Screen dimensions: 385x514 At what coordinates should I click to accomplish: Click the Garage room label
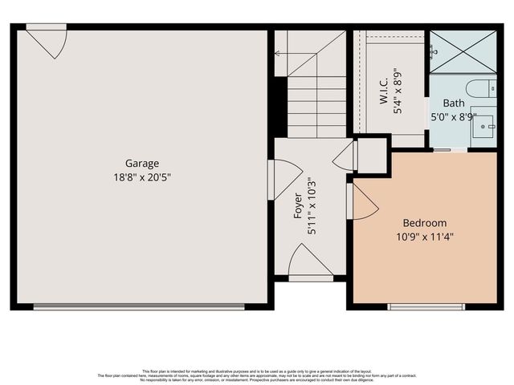[141, 163]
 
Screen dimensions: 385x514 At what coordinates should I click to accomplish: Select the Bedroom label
[424, 222]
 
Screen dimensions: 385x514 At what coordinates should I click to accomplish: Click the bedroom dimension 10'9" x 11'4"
[424, 236]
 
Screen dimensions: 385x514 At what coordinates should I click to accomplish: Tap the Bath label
[454, 103]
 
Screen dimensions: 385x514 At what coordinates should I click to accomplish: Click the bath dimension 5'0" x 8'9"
[454, 117]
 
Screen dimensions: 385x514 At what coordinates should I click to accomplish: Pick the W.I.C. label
[384, 90]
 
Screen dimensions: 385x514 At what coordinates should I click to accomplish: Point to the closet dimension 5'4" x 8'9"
[398, 90]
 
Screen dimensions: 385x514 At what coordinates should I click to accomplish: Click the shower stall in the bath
[462, 51]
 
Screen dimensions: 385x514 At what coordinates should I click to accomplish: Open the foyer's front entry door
[310, 262]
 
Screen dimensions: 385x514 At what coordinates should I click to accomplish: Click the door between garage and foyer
[284, 178]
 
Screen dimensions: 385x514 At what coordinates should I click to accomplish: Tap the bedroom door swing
[364, 201]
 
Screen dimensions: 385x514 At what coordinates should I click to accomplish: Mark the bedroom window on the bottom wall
[426, 306]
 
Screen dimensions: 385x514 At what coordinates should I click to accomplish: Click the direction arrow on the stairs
[278, 54]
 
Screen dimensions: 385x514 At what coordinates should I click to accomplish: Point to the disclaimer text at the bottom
[257, 374]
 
